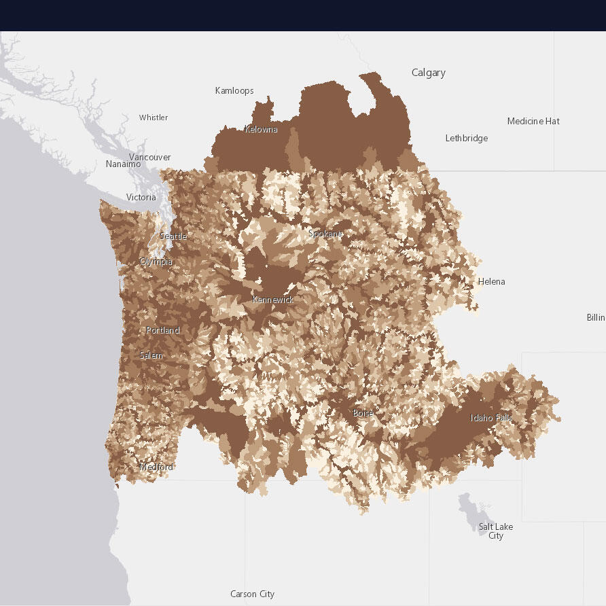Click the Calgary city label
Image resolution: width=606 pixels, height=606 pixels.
coord(428,73)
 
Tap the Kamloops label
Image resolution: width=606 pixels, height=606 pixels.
coord(234,90)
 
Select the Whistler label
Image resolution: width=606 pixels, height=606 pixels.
coord(154,118)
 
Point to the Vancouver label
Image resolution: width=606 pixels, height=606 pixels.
coord(149,157)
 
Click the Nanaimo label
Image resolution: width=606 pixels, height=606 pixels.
coord(124,164)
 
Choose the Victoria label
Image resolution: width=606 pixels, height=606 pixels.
coord(141,198)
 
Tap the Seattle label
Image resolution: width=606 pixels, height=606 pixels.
coord(173,236)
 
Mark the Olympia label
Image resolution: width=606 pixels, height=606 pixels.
coord(156,262)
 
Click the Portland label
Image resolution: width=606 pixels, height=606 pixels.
coord(163,330)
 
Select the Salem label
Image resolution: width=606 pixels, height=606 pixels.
coord(151,355)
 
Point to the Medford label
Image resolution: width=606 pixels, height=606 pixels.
coord(156,467)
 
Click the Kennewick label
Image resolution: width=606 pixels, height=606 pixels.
coord(272,300)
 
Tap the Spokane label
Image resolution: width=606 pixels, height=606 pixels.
coord(325,234)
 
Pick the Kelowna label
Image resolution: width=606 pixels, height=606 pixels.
coord(261,129)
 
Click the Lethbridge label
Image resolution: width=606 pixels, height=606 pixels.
coord(466,138)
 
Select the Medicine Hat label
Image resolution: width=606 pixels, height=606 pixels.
coord(533,121)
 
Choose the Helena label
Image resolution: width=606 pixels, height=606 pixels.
coord(491,281)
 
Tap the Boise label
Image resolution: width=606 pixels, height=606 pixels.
coord(363,413)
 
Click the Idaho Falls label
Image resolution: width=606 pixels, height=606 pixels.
coord(491,417)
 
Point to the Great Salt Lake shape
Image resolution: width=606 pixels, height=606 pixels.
coord(468,505)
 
